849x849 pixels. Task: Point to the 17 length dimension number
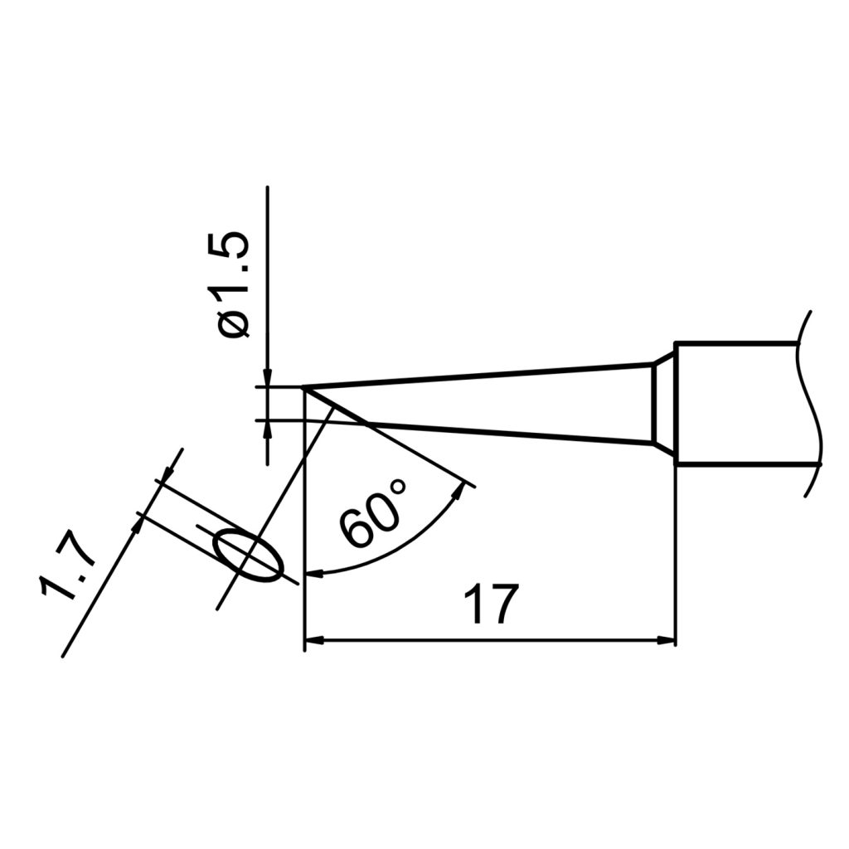click(x=490, y=604)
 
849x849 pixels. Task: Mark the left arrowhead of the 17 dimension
click(x=314, y=640)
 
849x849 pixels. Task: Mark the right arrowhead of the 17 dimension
click(x=667, y=640)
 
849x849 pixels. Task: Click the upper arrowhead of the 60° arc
click(x=458, y=493)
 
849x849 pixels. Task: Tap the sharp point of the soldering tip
click(x=304, y=387)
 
